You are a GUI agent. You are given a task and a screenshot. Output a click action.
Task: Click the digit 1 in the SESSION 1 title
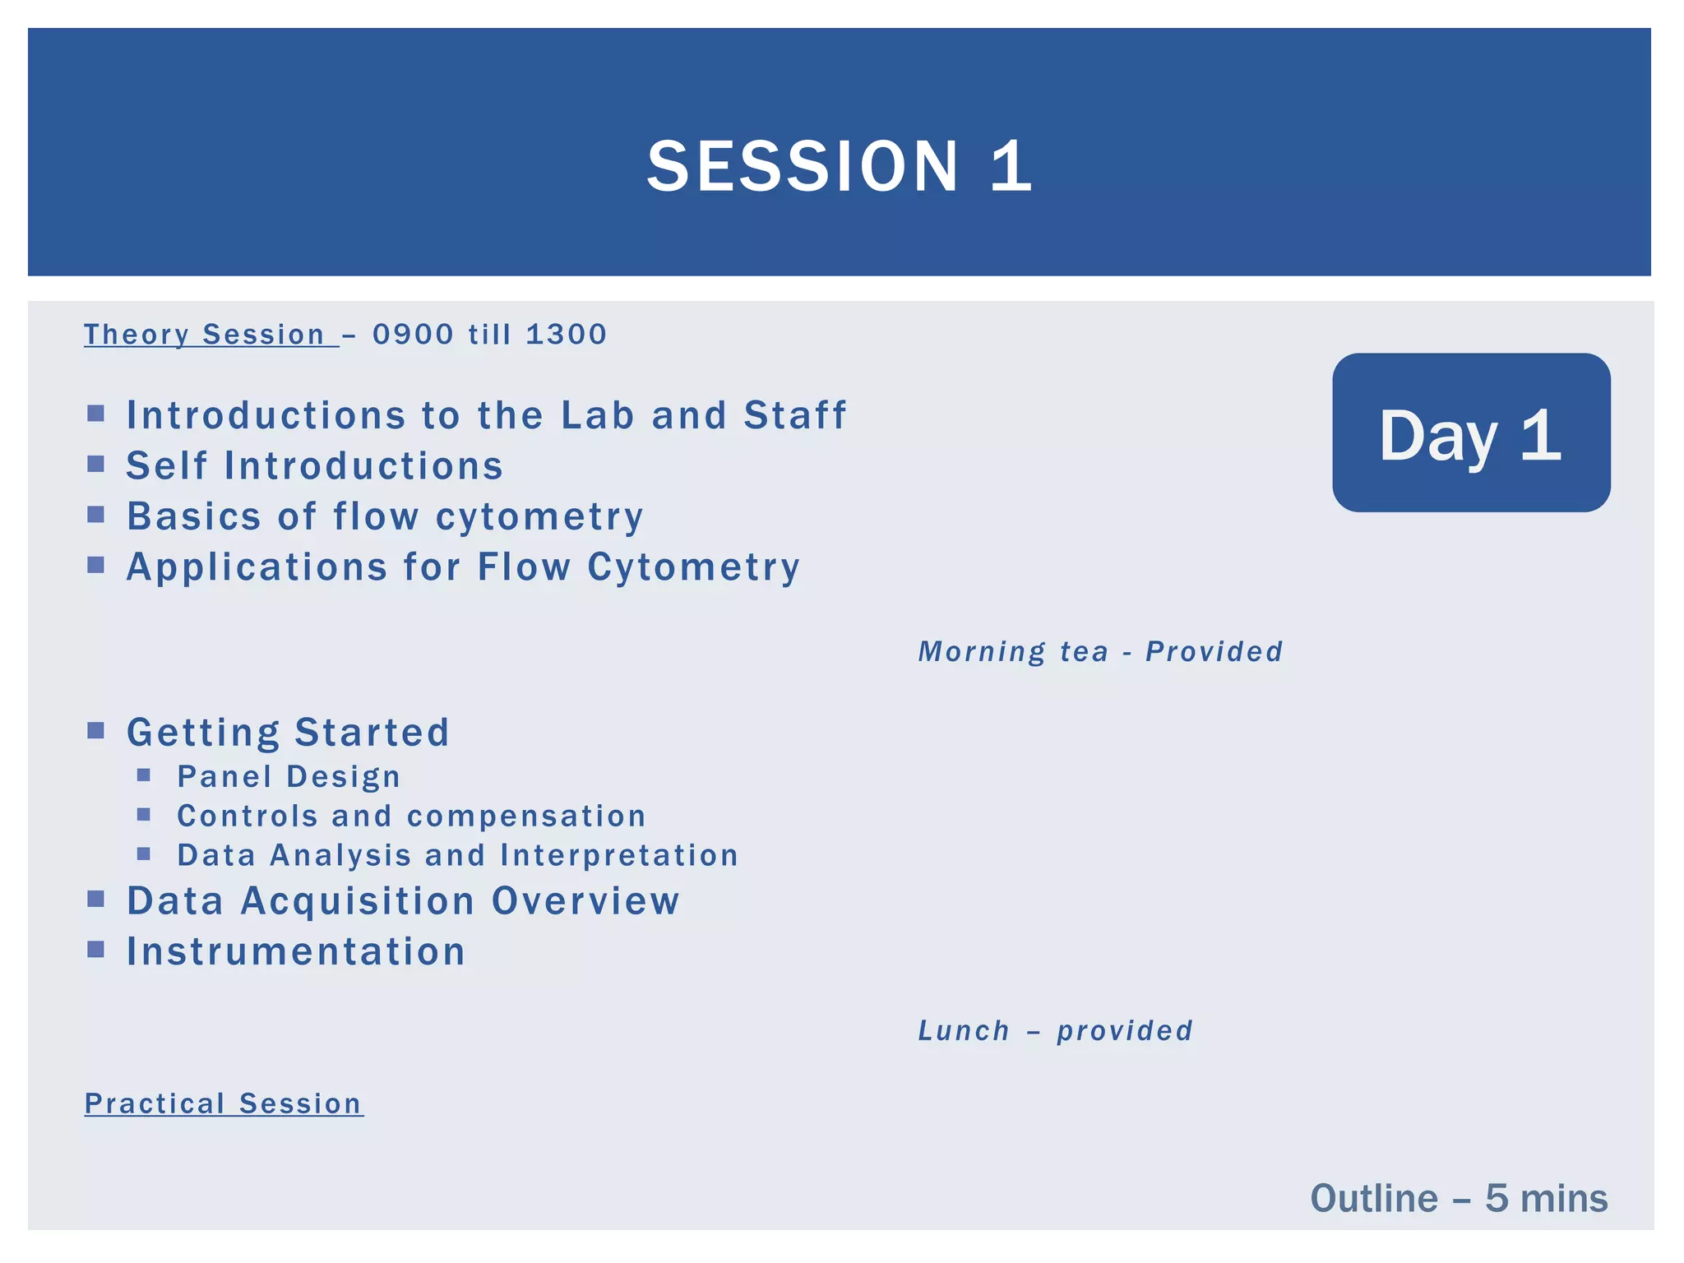click(x=1011, y=167)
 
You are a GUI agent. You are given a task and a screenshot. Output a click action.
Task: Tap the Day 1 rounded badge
click(x=1470, y=433)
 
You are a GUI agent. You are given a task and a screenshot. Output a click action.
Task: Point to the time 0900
click(x=413, y=335)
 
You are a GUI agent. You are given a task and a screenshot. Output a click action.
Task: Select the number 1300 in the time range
click(x=566, y=335)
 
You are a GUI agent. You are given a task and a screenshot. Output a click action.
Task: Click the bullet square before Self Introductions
click(x=96, y=465)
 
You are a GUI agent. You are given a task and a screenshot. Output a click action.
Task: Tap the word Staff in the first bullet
click(x=794, y=415)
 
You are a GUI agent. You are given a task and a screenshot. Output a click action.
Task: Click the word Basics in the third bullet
click(x=194, y=517)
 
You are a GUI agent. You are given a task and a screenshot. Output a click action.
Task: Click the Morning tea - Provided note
click(x=1100, y=652)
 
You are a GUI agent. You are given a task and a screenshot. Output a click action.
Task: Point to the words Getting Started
click(x=288, y=733)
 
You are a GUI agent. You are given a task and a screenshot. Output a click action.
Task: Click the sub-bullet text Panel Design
click(x=289, y=777)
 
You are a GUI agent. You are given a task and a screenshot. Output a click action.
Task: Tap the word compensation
click(x=526, y=817)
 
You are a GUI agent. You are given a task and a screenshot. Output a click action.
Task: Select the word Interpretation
click(x=618, y=856)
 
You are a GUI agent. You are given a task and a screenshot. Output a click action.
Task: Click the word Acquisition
click(x=358, y=901)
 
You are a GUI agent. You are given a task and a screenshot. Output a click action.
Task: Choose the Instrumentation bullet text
click(x=296, y=952)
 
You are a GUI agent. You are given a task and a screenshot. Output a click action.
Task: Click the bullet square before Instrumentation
click(x=96, y=950)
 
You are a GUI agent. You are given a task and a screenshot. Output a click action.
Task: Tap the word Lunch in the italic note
click(x=964, y=1031)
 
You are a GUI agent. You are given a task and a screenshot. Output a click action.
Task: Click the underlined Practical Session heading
click(x=223, y=1104)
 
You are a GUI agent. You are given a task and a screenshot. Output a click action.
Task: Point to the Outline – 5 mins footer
click(x=1458, y=1199)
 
